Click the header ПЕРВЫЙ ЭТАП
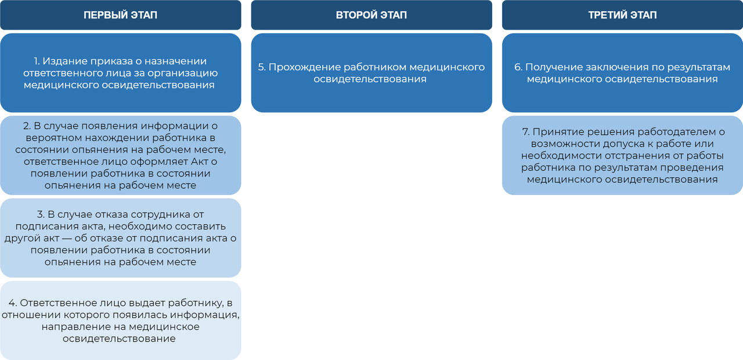120,15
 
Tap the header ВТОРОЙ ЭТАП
371,15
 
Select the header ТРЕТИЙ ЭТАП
622,15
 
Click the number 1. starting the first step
37,61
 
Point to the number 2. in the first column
27,126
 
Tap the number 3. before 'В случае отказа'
41,214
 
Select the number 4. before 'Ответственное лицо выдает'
13,303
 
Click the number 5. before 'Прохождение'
262,67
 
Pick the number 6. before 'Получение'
518,67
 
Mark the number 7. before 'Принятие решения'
526,132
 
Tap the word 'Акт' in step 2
199,161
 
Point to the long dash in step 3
67,238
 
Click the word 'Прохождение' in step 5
305,67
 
